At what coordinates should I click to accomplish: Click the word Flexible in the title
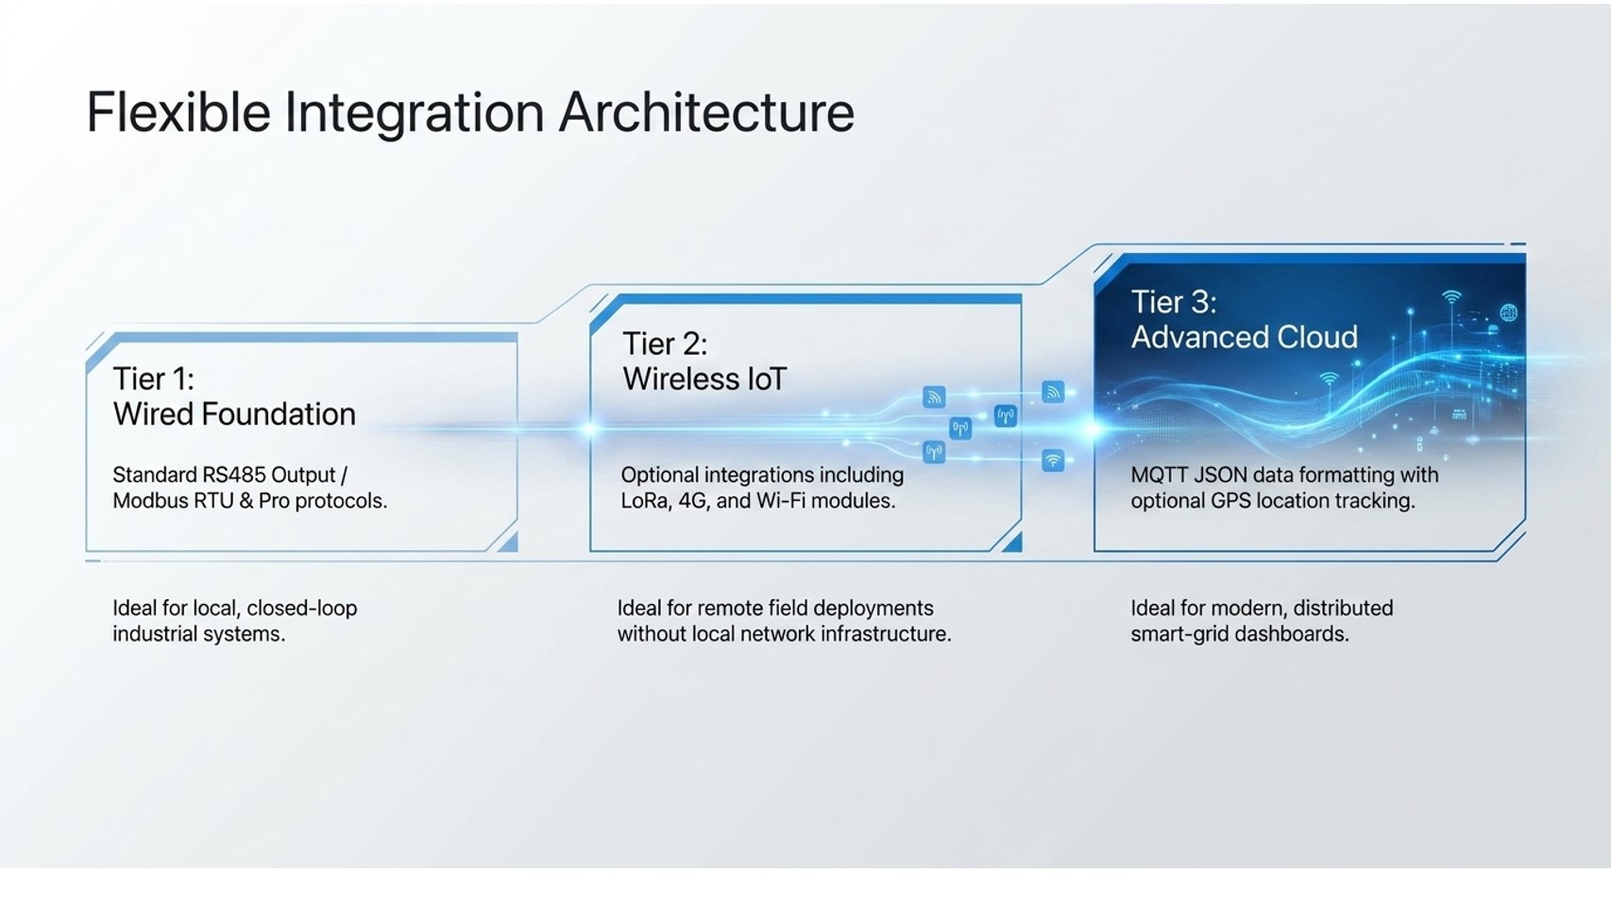click(178, 112)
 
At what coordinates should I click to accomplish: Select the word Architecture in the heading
click(707, 112)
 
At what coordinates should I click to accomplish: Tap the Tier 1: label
click(153, 379)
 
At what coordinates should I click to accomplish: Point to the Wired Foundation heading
click(234, 414)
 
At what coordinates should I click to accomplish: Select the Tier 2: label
click(665, 344)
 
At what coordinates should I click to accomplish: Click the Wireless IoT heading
click(704, 379)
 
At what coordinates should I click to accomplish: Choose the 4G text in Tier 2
click(693, 501)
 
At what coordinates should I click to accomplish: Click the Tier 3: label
click(1174, 302)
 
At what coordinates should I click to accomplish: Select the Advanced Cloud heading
click(1245, 337)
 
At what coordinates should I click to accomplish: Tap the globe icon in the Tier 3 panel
click(1508, 312)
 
